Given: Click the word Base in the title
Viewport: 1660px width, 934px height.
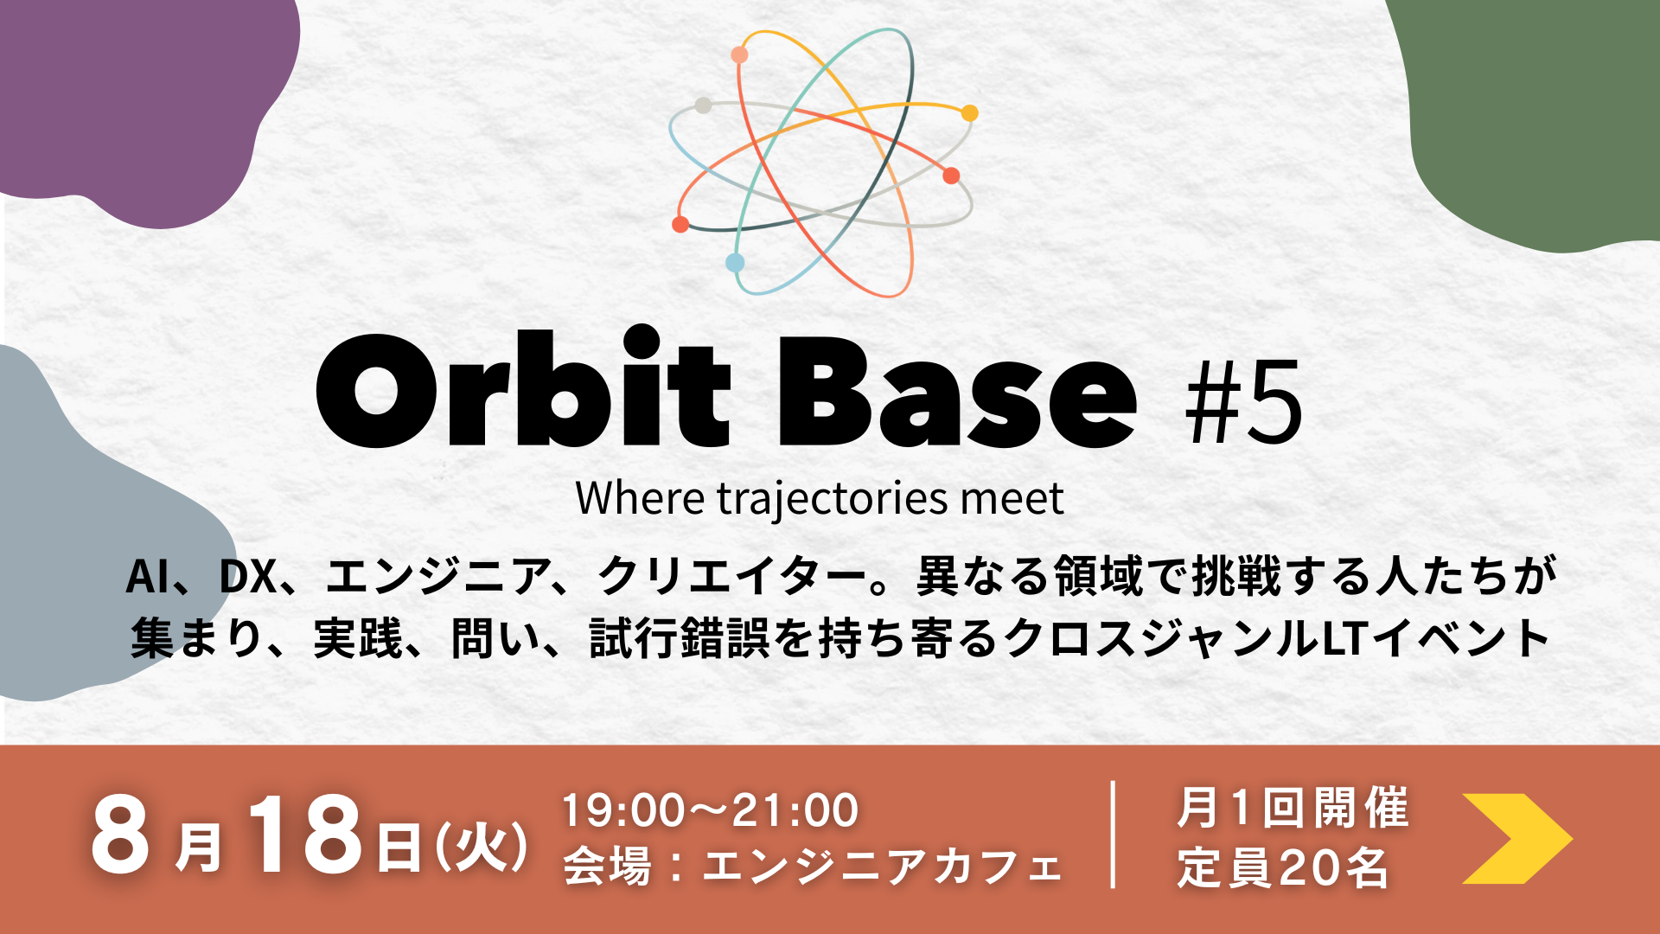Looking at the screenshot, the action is [x=957, y=393].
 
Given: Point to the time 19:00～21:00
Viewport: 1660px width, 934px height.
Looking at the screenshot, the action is [x=710, y=810].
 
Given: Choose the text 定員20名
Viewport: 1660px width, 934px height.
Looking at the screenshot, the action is [x=1283, y=867].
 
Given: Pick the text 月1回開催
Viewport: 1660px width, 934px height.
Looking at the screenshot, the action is [x=1293, y=808].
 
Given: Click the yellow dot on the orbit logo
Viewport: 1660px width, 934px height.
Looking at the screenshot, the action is [x=970, y=113].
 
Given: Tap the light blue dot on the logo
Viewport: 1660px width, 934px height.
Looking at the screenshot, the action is [x=735, y=263].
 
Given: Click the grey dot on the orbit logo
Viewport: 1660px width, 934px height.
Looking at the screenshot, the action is [x=703, y=106].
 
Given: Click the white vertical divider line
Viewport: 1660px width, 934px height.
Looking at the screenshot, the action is [x=1113, y=835].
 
